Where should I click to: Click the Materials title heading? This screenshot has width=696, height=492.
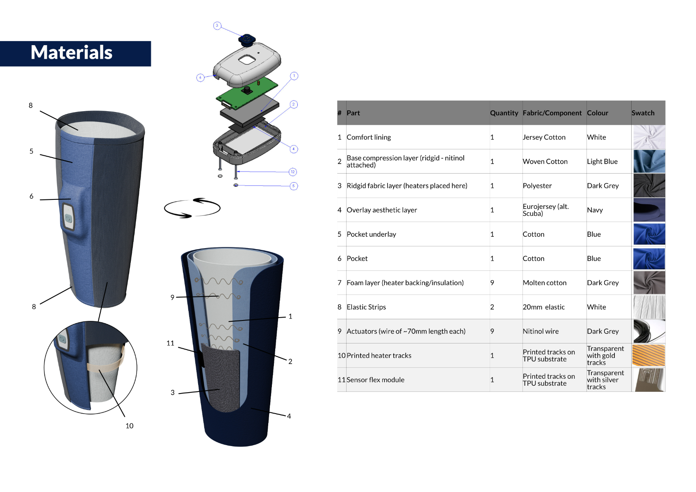71,53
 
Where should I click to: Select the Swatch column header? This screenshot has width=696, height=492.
643,113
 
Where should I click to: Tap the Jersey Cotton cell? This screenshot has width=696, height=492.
544,137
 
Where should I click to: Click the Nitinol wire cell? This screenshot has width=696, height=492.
540,331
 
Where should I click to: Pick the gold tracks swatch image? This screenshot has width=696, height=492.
649,355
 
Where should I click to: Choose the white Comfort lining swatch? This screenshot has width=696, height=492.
649,137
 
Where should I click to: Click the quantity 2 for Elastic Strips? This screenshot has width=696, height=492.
492,307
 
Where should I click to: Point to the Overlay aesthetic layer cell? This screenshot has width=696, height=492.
381,210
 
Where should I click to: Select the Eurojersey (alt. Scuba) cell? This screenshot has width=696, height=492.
545,210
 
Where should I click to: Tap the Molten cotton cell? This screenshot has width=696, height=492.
544,283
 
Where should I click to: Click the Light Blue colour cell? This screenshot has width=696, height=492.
602,162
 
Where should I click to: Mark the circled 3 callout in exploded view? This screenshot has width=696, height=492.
217,25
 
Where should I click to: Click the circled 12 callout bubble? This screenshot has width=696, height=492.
293,172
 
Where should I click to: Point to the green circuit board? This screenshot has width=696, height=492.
247,93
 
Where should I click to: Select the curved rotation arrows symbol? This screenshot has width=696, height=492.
192,208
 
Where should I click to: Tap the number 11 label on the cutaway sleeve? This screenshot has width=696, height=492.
170,343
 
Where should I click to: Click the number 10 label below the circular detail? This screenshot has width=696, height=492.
129,426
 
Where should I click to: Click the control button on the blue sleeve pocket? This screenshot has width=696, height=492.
68,217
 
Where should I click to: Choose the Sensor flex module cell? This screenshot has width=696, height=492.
375,380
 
